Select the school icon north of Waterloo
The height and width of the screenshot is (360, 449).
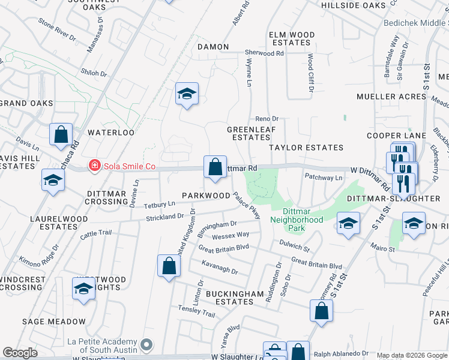tap(187, 94)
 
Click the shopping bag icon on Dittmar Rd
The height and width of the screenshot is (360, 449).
tap(215, 167)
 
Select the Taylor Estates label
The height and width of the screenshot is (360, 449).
tap(306, 148)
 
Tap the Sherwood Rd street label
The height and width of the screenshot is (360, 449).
tap(264, 53)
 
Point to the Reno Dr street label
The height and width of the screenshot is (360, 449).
tap(268, 119)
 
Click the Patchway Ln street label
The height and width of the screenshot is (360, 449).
tap(324, 178)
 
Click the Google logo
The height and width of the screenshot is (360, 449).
tap(20, 353)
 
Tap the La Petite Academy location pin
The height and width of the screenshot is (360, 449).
tap(148, 346)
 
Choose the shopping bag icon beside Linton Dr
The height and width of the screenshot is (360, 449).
tap(169, 266)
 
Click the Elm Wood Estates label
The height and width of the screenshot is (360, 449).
tap(292, 39)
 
